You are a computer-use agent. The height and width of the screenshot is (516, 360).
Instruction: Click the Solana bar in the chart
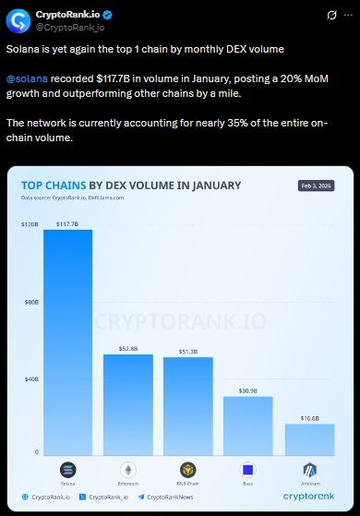67,342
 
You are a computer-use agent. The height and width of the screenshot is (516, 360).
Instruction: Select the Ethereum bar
128,403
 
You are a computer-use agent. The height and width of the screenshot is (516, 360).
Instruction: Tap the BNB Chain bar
188,405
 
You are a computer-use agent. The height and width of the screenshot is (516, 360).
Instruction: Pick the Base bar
248,425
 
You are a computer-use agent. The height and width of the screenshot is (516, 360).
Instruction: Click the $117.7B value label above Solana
67,223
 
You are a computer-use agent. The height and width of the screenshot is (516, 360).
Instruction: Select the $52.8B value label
128,348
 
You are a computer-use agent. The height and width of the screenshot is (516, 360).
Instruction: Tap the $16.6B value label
308,417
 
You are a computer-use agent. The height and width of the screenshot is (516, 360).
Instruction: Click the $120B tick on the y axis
30,225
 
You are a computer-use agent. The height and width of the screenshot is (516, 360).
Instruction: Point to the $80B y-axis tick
30,302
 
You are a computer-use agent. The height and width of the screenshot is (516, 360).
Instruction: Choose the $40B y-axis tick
30,378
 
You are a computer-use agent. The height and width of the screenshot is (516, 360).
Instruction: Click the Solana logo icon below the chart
67,469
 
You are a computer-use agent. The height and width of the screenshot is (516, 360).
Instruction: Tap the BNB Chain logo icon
188,469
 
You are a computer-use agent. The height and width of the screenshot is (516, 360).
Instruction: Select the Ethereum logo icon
128,469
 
